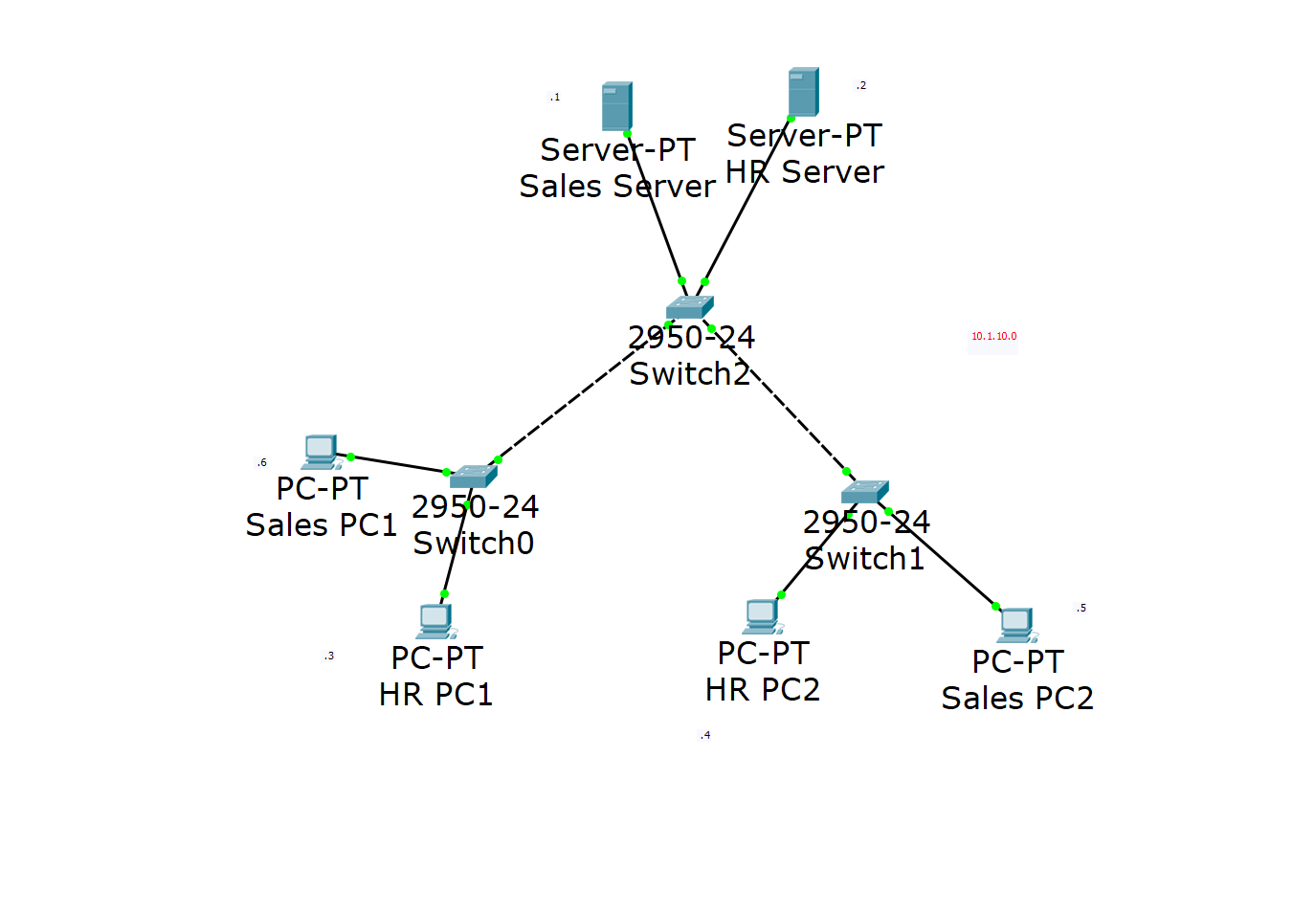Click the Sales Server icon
[x=616, y=106]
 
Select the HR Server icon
[x=803, y=92]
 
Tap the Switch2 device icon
[x=690, y=307]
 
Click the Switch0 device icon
[x=474, y=476]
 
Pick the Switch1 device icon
[x=865, y=492]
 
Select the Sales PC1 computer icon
[x=321, y=451]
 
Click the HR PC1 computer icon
[x=435, y=620]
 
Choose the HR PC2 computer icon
[x=762, y=615]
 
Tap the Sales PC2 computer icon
[x=1016, y=624]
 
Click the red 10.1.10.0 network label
[x=993, y=337]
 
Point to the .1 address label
[x=555, y=98]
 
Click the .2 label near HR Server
[x=861, y=86]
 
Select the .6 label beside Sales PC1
[x=262, y=463]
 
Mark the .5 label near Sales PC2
[x=1081, y=609]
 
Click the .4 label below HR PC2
[x=705, y=736]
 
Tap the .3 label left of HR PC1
[x=329, y=657]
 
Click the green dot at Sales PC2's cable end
[x=996, y=607]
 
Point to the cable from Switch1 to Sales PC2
[x=943, y=560]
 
